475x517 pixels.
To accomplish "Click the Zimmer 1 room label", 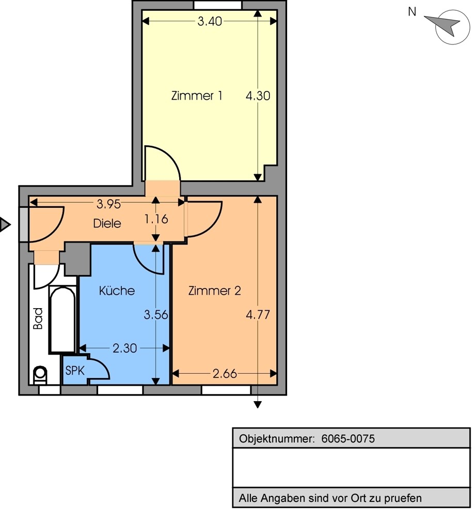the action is [197, 96].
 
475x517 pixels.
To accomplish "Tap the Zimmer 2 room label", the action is [214, 291].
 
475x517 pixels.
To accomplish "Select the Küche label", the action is [117, 291].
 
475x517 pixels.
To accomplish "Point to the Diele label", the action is [107, 223].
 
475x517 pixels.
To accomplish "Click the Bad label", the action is [38, 318].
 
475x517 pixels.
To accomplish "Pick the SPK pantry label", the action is [75, 371].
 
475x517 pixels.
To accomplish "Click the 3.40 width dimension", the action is [210, 21].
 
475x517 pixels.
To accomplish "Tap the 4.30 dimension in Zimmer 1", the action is [258, 96].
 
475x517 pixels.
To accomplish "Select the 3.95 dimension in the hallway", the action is [108, 204].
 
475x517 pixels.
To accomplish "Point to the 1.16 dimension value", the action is [156, 219].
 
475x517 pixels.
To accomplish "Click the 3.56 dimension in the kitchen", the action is [156, 314].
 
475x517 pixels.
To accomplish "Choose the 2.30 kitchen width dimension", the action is [125, 348].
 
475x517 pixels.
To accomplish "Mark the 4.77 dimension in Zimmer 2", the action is [258, 314].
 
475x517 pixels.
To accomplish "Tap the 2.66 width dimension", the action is [225, 374].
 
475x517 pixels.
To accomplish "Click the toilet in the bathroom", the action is [40, 375].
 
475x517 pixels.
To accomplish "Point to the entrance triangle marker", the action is [5, 224].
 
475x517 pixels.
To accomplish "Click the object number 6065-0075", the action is [348, 438].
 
